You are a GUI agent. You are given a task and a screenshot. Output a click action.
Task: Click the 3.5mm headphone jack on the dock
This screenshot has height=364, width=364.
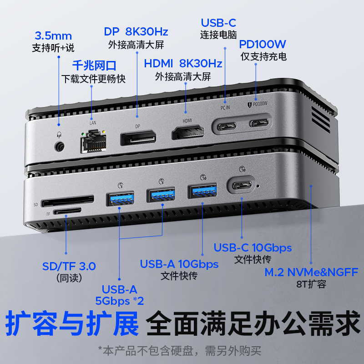click(59, 147)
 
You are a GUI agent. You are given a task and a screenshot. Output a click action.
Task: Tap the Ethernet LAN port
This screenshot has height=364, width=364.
click(94, 142)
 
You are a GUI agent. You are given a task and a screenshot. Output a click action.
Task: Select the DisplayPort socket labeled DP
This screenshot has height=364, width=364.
click(138, 138)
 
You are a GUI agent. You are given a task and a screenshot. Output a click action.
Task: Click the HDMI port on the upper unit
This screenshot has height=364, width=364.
click(188, 132)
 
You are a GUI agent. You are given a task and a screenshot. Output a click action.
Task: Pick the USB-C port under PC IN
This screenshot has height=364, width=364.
click(227, 126)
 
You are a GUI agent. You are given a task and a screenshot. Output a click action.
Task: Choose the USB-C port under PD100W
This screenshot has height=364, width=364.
click(259, 123)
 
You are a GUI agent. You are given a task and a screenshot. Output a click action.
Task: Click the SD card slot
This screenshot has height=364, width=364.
click(67, 201)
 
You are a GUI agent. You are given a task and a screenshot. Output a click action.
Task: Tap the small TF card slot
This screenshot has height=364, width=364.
click(67, 211)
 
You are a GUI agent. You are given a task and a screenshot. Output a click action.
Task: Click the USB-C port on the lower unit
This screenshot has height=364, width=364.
click(243, 185)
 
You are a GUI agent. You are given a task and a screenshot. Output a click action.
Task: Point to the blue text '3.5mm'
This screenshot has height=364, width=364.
click(53, 36)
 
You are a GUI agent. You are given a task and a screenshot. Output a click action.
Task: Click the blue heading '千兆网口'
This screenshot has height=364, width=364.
click(94, 66)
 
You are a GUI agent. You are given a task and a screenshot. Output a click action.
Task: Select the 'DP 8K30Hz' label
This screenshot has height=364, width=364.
click(136, 32)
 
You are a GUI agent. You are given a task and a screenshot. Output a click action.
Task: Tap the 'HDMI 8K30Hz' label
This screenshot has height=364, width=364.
click(183, 63)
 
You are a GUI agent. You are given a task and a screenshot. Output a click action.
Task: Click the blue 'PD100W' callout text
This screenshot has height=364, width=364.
click(263, 44)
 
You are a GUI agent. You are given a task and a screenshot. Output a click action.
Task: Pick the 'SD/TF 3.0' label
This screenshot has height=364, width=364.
click(69, 266)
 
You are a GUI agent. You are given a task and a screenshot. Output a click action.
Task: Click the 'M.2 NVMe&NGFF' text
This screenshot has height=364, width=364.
click(311, 272)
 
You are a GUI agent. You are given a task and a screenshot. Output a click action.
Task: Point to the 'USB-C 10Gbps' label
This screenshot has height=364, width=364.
click(253, 248)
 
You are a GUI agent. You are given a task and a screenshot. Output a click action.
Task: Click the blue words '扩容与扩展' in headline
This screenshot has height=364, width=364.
click(72, 323)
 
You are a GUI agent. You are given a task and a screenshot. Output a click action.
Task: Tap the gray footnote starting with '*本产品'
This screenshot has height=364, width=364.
click(179, 351)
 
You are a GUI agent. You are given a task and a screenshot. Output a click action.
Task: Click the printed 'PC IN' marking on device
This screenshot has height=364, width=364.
click(225, 107)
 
